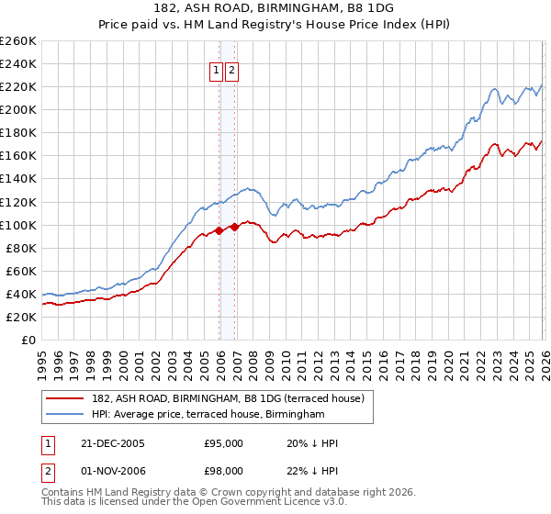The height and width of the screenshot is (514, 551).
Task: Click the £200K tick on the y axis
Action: point(18,109)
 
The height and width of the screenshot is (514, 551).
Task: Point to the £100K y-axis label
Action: point(18,225)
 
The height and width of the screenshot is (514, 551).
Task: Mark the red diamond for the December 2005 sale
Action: point(219,230)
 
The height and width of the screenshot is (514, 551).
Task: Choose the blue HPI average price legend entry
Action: point(208,415)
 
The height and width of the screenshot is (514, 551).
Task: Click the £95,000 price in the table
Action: point(223,443)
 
